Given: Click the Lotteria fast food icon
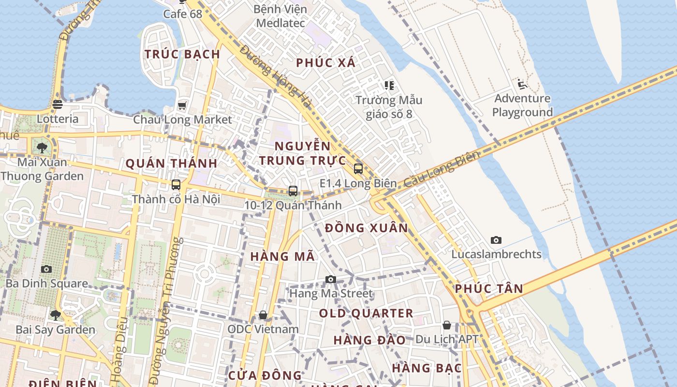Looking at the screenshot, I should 58,104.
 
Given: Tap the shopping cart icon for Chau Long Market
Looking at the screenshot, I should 182,105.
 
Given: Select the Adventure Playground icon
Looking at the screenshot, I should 522,85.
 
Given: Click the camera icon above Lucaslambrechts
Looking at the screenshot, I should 496,240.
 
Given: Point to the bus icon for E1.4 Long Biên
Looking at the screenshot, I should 358,169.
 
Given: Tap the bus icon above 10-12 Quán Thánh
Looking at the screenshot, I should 293,191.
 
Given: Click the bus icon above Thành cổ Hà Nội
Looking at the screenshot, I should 176,184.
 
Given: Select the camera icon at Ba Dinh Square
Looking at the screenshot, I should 46,269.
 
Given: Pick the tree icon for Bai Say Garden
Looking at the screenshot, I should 55,315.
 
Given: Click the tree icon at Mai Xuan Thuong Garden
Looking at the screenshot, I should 42,148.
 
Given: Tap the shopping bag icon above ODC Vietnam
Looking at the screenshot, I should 263,315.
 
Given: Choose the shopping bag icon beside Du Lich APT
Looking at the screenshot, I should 447,325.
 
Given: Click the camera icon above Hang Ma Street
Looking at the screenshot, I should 331,279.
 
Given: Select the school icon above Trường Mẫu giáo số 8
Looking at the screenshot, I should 389,86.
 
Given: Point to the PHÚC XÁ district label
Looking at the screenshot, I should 325,62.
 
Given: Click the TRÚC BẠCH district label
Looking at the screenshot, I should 182,54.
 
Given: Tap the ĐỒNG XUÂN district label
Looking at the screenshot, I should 367,228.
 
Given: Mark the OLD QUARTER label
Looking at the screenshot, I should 366,313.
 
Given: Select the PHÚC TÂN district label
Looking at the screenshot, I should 489,289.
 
